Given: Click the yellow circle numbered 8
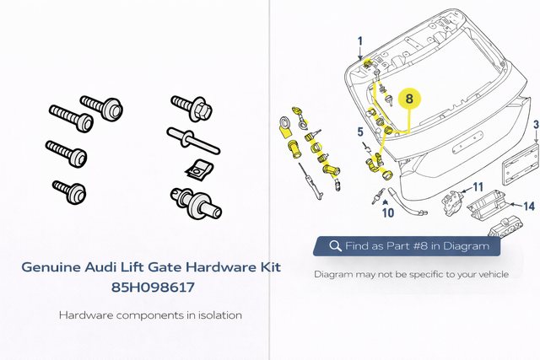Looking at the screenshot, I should [x=409, y=99].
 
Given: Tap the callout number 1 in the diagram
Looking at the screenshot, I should [x=360, y=40].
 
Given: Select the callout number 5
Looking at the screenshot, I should [x=359, y=132].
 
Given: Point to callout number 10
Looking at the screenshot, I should [x=388, y=212].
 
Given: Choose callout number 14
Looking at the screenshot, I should [x=529, y=206].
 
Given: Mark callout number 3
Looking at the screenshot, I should [x=535, y=126].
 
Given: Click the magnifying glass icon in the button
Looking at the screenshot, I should [x=335, y=246].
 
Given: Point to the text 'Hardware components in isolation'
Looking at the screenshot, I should [x=151, y=315].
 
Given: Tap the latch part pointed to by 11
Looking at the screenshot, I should [x=454, y=202].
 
